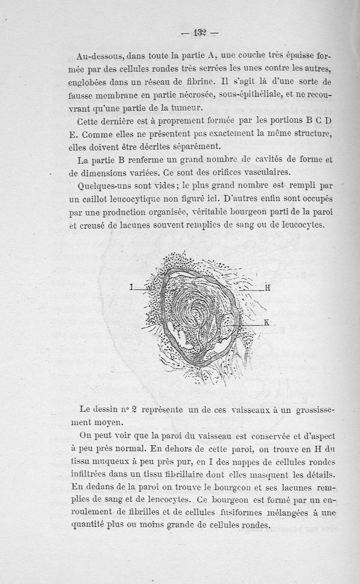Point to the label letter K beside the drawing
click(266, 322)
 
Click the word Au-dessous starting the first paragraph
click(100, 57)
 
